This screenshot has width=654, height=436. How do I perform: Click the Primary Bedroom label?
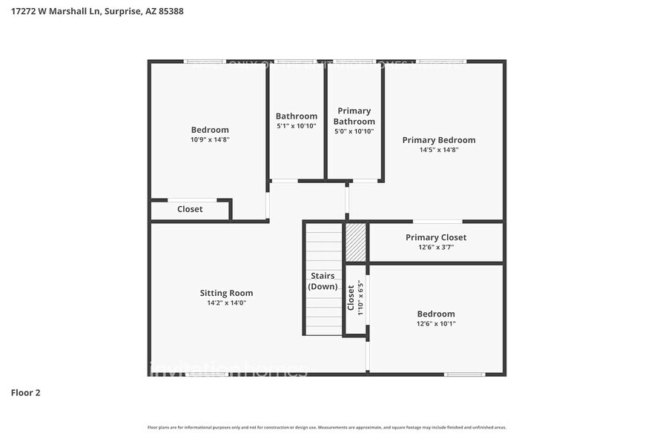pos(438,139)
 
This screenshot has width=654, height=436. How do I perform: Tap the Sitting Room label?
pos(226,292)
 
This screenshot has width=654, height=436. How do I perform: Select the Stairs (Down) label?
pos(323,281)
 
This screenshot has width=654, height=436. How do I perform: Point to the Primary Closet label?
pos(435,237)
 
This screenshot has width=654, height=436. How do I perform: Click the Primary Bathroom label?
pos(354,116)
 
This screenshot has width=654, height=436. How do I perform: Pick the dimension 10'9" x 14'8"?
pos(210,139)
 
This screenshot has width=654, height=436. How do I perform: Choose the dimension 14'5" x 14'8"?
pos(438,149)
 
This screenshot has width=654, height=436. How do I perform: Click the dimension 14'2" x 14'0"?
pos(226,303)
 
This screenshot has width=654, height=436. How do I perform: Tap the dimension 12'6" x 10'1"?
pos(435,323)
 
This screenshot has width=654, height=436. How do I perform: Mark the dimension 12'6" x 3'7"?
pos(435,247)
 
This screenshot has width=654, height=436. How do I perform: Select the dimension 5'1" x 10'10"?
pos(296,126)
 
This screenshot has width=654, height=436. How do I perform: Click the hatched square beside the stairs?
pos(356,241)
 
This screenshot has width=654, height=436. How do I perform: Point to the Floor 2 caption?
pos(25,392)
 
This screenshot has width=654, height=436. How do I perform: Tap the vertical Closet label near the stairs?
pos(351,297)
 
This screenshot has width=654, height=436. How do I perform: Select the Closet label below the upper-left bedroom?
pos(190,209)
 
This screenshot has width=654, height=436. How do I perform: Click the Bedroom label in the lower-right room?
pos(435,314)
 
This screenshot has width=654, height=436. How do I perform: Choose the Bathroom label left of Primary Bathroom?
pos(296,116)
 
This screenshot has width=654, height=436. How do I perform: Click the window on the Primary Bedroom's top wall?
pos(440,62)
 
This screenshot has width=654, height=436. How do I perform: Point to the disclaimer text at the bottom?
pos(326,427)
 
